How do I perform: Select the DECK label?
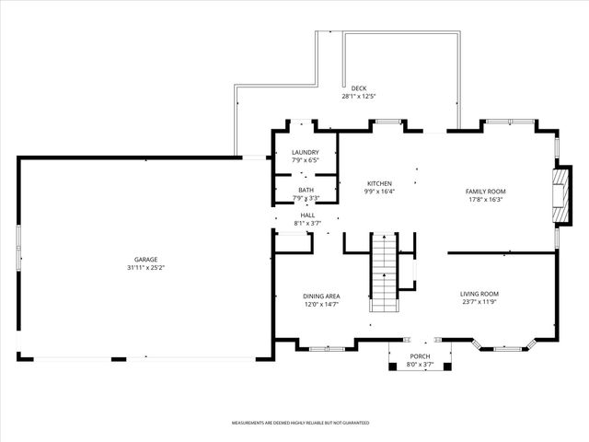coord(359,88)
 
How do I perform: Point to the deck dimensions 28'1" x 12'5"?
coord(359,96)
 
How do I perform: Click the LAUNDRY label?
coord(306,153)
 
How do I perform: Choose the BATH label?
coord(306,191)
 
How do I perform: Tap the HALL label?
coord(307,215)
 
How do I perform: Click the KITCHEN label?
coord(380,184)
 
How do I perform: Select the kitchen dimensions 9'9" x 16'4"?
coord(380,192)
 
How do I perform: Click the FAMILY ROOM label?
coord(485,192)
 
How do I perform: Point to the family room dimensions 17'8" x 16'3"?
coord(485,199)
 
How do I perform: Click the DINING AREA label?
coord(321,297)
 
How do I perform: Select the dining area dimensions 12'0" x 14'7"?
coord(321,304)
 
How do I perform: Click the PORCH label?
coord(420,356)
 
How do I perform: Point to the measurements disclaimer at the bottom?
coord(300,423)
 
